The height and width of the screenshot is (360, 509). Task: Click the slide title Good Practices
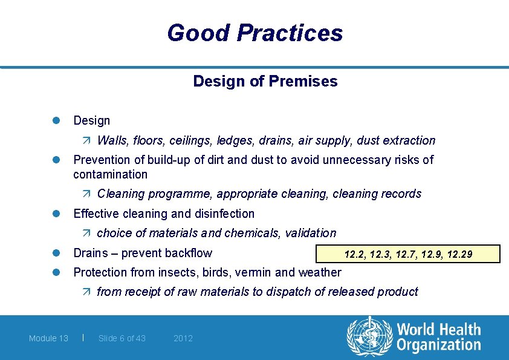click(254, 33)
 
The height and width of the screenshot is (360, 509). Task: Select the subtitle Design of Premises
click(265, 81)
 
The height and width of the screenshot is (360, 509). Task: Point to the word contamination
click(110, 174)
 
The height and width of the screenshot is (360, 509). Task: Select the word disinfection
click(224, 214)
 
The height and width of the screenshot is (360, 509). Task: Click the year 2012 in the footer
click(183, 338)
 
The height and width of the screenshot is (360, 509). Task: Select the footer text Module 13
click(48, 338)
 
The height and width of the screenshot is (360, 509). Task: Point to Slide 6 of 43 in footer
click(122, 338)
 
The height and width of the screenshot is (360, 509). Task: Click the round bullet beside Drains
click(53, 253)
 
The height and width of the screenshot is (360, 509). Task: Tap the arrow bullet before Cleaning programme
click(86, 194)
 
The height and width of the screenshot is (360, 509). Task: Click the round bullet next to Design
click(53, 121)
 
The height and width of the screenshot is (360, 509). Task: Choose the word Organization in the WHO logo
click(438, 345)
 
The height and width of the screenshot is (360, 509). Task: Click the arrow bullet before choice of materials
click(86, 234)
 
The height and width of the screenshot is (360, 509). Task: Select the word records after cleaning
click(401, 194)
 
